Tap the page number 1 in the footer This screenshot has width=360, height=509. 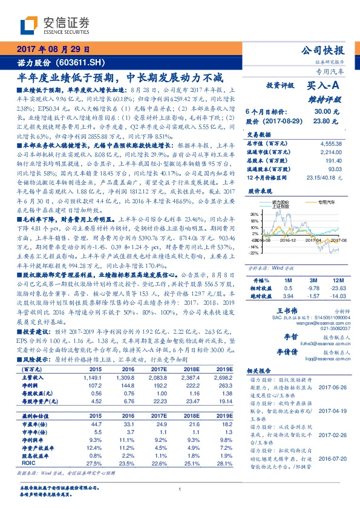click(180, 489)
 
